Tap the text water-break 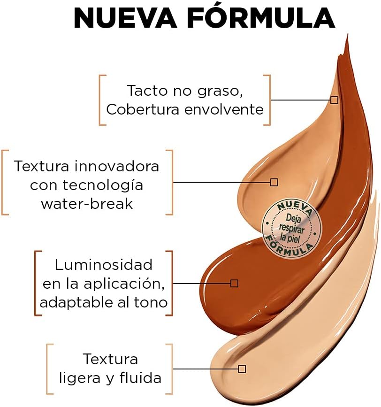point(87,203)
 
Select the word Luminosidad point(104,265)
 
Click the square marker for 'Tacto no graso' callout point(334,100)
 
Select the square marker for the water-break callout point(274,182)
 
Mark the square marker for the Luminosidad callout point(234,283)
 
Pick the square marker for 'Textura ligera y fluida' point(242,369)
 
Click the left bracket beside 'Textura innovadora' point(5,182)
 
